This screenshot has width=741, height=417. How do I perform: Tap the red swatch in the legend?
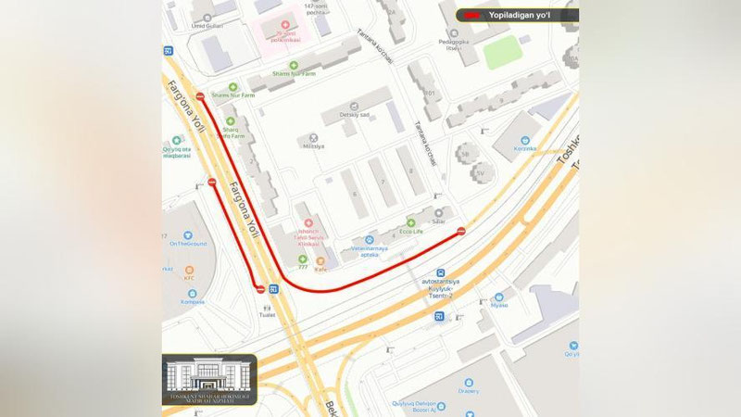[473, 15]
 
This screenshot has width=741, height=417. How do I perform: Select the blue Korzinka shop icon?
[524, 139]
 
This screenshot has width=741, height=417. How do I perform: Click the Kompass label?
[193, 302]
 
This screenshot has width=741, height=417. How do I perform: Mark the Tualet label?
[268, 315]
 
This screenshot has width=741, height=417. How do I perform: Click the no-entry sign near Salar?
[461, 232]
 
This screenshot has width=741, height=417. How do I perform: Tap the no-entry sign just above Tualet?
[260, 289]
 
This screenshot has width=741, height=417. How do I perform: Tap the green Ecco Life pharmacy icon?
[406, 222]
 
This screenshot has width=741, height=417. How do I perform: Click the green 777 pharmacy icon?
[302, 259]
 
